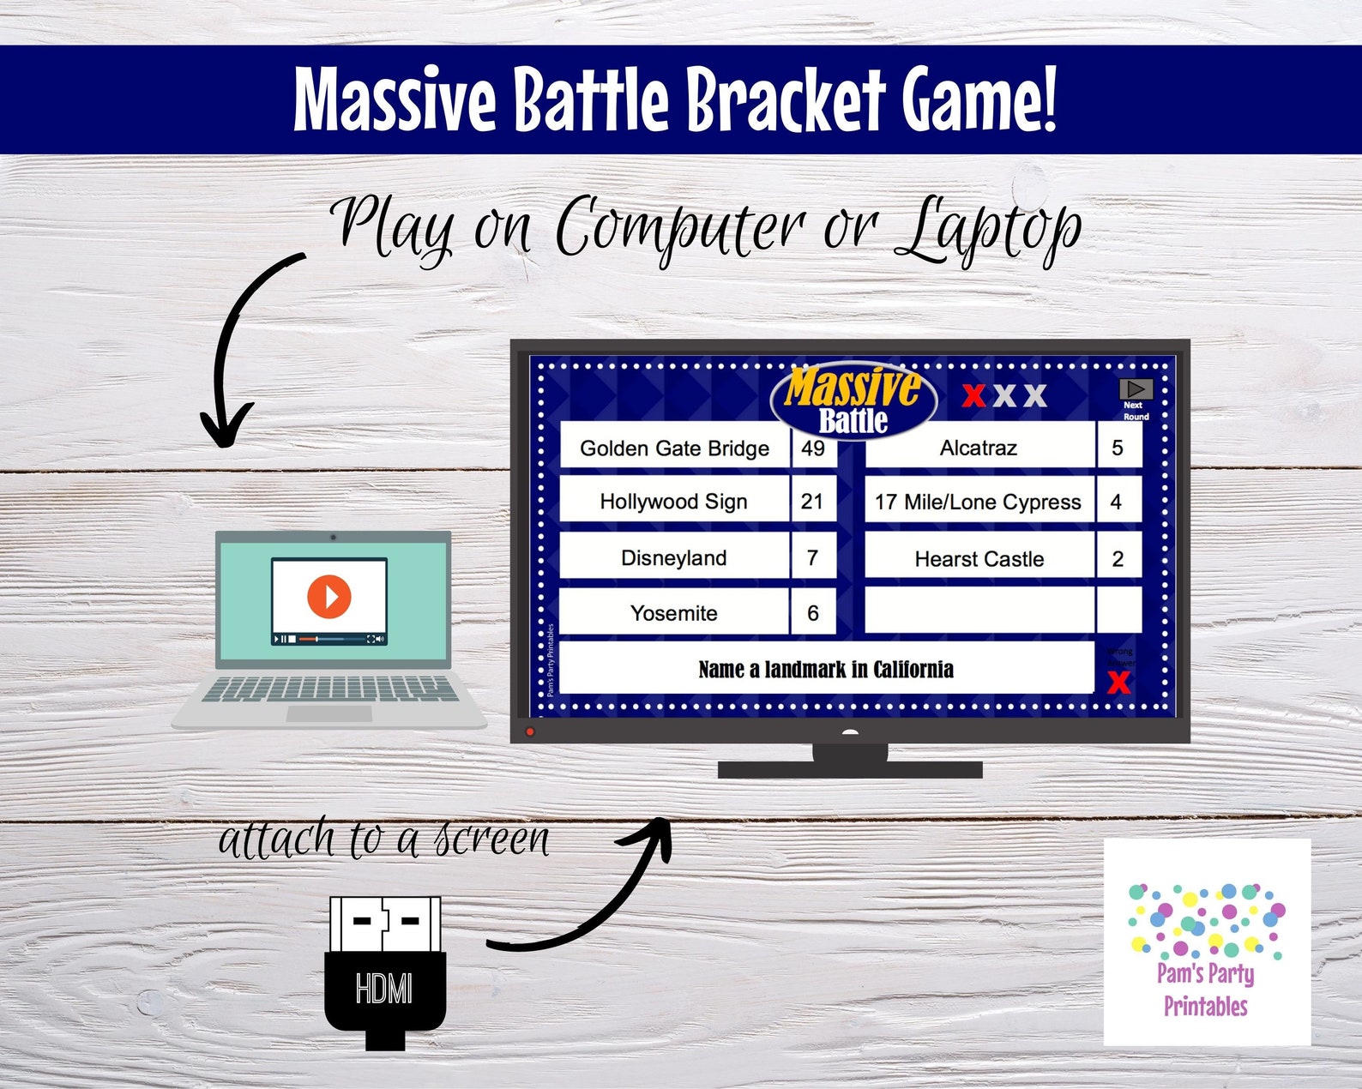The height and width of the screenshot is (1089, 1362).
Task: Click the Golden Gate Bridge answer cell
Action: tap(674, 448)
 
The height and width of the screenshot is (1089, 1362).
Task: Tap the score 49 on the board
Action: tap(812, 448)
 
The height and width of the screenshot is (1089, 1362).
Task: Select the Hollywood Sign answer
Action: tap(673, 502)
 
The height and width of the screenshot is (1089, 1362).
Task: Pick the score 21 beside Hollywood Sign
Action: tap(812, 502)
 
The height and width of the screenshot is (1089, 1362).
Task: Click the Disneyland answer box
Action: tap(673, 558)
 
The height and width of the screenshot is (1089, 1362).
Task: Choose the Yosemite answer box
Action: tap(673, 613)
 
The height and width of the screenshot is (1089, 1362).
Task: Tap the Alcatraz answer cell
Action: tap(979, 448)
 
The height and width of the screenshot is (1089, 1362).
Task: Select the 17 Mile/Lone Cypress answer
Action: tap(979, 502)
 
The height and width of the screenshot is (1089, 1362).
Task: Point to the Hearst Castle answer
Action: tap(979, 559)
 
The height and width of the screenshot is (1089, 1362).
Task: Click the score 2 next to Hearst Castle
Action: tap(1118, 559)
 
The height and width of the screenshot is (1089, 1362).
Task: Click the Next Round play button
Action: tap(1136, 391)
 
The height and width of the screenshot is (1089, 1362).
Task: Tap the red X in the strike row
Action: tap(973, 395)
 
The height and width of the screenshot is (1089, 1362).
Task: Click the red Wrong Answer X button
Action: tap(1118, 683)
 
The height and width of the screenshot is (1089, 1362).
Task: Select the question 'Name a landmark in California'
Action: tap(826, 669)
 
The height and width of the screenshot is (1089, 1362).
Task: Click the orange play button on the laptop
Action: tap(329, 595)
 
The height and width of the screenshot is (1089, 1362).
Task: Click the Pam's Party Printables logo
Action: tap(1207, 942)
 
